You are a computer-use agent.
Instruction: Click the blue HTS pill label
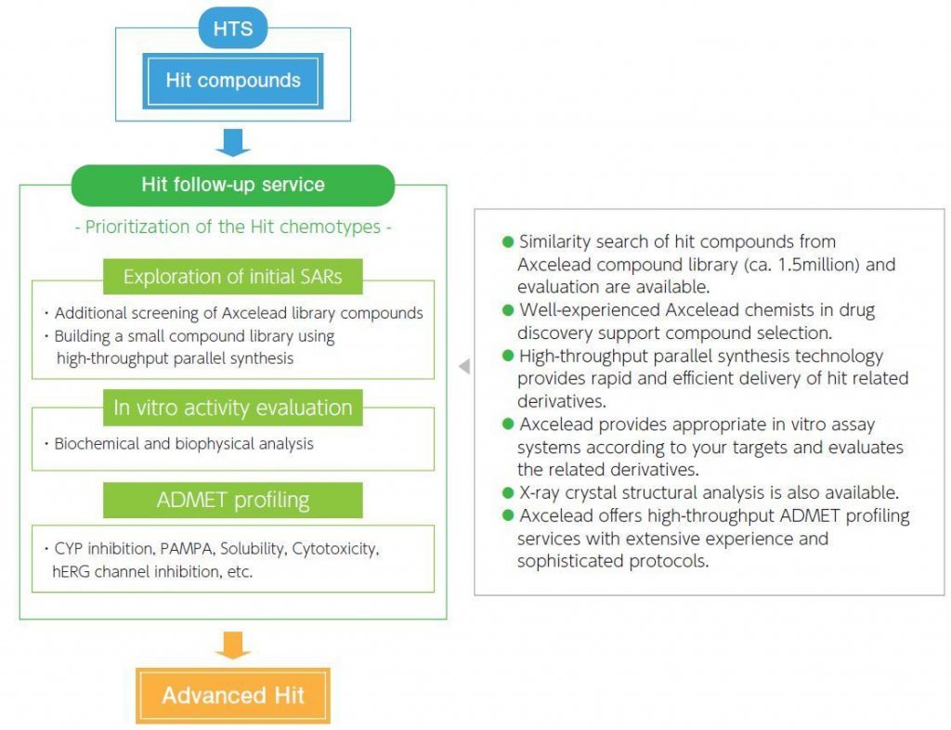(232, 30)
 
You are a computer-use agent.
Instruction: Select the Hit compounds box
(233, 81)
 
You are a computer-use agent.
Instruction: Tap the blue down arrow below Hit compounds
(233, 142)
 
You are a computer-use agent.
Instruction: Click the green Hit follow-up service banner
(233, 184)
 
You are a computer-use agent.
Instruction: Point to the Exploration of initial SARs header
(233, 276)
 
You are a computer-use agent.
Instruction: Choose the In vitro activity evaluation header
(233, 408)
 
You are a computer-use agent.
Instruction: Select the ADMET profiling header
(233, 501)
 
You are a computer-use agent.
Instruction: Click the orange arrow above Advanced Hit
(233, 645)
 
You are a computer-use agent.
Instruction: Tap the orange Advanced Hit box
(233, 695)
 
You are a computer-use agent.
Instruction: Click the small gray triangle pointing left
(464, 367)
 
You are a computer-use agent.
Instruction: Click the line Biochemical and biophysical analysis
(184, 444)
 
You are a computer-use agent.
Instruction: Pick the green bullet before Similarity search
(508, 241)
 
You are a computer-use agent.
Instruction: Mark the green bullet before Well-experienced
(508, 309)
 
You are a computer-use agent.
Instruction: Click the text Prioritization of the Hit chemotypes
(233, 228)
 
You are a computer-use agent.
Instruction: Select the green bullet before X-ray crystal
(508, 492)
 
